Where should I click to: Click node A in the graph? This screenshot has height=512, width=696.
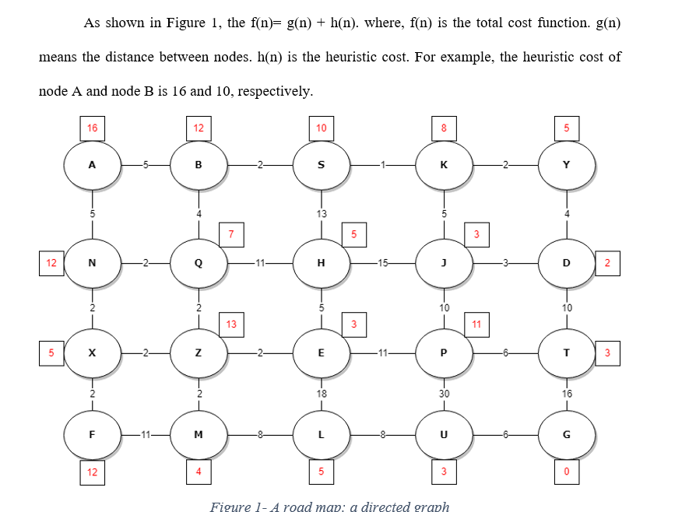coord(92,165)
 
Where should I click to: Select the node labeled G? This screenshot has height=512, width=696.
coord(566,434)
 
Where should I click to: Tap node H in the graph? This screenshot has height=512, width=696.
coord(322,263)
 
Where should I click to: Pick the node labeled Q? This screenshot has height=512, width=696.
coord(199,263)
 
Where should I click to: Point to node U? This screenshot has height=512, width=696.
coord(444,434)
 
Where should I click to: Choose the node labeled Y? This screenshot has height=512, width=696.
coord(566,165)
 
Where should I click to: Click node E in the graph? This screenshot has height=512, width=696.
coord(322,352)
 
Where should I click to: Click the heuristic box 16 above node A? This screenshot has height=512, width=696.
coord(93,128)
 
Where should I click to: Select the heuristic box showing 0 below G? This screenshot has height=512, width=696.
coord(567,472)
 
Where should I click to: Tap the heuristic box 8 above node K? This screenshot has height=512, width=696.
coord(444,128)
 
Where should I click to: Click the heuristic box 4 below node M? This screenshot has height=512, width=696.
coord(199,472)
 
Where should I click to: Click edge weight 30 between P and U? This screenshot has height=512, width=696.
coord(444,394)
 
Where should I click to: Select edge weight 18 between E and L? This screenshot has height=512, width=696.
coord(322,394)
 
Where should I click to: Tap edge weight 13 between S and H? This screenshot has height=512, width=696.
coord(322,213)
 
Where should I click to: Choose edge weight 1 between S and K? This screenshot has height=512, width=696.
coord(382,165)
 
